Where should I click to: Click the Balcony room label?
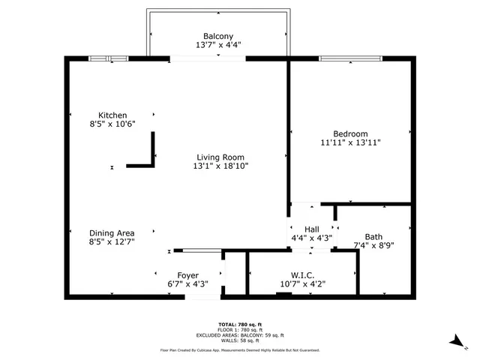tap(218, 36)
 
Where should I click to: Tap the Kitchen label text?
tap(102, 115)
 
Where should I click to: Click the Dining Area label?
tap(112, 232)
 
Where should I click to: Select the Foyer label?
tap(187, 275)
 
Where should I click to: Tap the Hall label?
tap(312, 229)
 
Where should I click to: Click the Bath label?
tap(373, 236)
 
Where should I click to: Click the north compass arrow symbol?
tap(455, 342)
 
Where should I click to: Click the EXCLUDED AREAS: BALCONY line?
tap(240, 334)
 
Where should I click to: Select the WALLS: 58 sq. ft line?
tap(240, 340)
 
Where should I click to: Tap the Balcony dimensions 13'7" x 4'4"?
tap(218, 46)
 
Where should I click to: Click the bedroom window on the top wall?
tap(351, 58)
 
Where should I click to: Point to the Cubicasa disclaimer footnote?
tap(240, 350)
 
